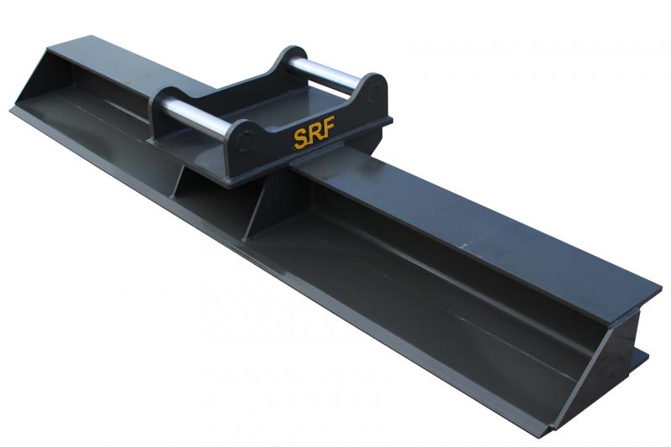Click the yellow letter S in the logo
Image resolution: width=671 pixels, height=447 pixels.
[300, 139]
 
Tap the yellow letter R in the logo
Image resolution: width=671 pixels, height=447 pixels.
[314, 133]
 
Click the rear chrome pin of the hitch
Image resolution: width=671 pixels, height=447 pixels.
[323, 75]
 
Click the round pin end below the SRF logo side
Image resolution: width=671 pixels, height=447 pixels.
[245, 140]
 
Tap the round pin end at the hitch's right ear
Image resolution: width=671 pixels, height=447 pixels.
[373, 92]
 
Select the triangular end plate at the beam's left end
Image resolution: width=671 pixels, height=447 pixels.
[41, 80]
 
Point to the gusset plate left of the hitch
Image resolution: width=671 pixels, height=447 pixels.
[179, 182]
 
